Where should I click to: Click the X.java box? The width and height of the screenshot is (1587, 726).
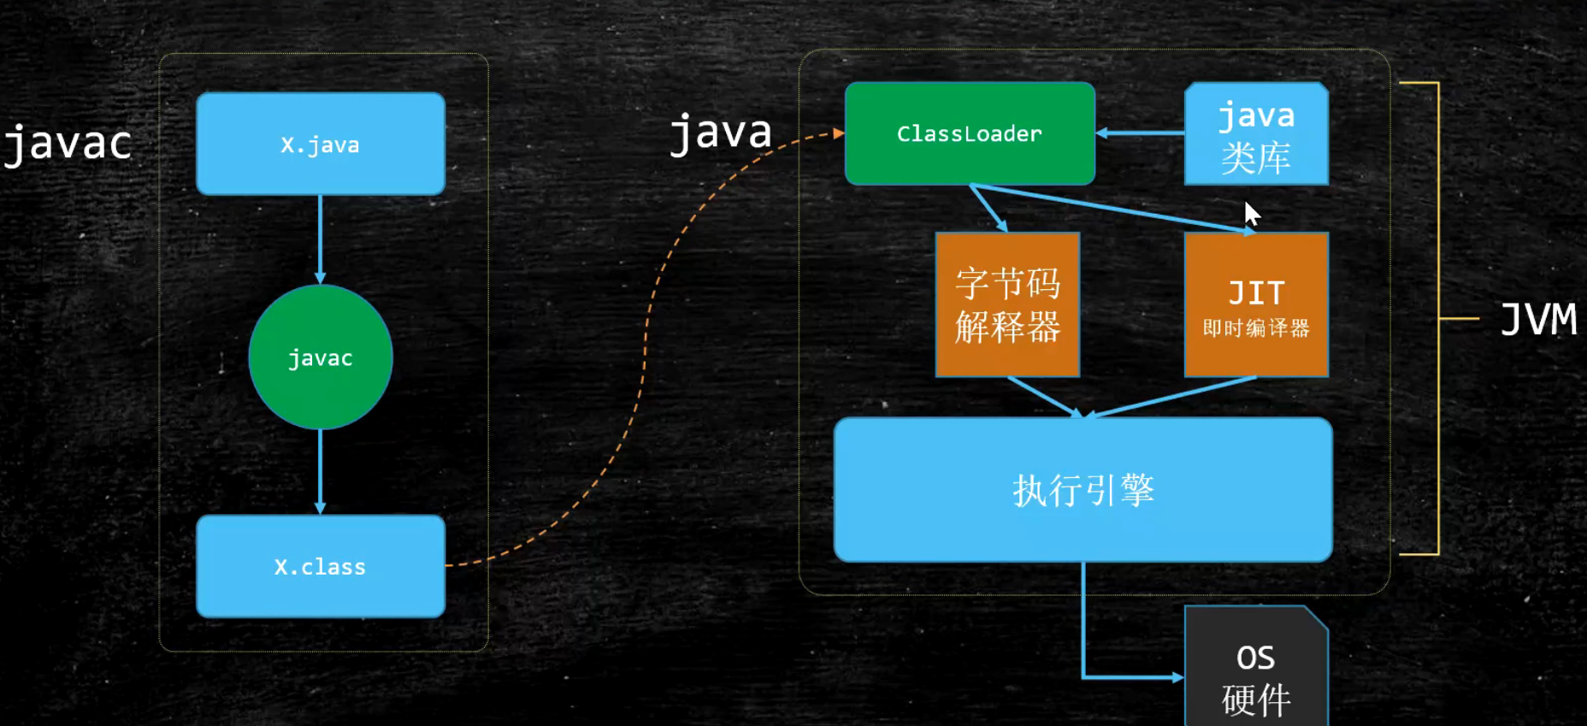click(321, 144)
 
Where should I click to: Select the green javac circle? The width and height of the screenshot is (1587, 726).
click(321, 357)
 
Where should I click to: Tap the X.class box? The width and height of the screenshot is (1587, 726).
click(321, 566)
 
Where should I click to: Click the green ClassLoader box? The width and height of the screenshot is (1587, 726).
click(970, 133)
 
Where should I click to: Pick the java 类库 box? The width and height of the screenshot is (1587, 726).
click(1256, 134)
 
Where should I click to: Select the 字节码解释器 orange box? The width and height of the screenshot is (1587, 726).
click(1007, 304)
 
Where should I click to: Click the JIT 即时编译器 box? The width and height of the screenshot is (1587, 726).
click(1256, 304)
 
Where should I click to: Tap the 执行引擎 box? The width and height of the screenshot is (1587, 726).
click(1083, 490)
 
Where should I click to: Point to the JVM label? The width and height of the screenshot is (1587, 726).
click(1538, 320)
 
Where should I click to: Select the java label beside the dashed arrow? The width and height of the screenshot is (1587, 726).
click(721, 133)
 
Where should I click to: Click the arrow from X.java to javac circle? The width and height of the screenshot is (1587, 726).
click(321, 239)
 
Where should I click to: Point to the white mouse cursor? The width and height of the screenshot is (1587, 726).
click(1252, 213)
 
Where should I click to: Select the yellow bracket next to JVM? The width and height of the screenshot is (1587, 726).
click(1439, 318)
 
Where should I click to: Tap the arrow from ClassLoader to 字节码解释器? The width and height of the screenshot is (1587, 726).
click(989, 208)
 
